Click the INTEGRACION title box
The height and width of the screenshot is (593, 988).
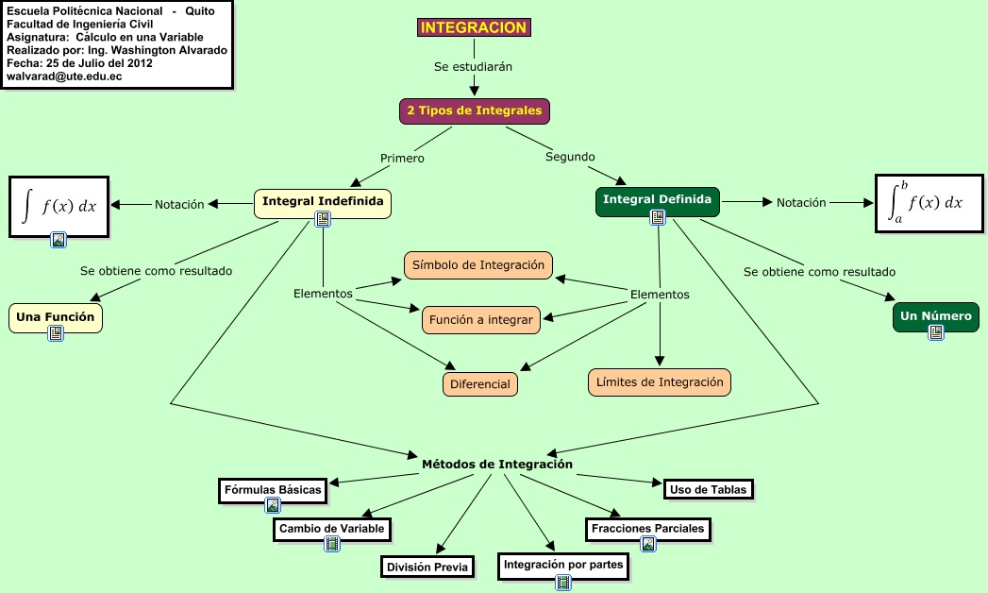pos(474,28)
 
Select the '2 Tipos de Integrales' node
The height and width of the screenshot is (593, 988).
pos(474,110)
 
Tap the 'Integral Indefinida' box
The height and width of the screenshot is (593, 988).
pos(323,201)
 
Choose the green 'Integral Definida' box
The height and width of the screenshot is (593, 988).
pos(658,199)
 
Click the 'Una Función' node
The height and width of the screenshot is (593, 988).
pos(56,316)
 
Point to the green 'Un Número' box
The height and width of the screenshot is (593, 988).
pos(935,316)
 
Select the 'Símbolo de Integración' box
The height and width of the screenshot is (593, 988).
pos(478,265)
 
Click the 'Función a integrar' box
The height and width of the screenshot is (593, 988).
pos(480,320)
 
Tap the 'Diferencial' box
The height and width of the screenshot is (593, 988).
pos(480,383)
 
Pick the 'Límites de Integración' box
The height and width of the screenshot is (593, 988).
pos(660,381)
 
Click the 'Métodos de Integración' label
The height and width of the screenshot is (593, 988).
pos(496,464)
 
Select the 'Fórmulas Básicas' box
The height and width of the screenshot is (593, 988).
pos(273,489)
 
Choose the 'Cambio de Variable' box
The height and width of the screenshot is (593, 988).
pos(331,529)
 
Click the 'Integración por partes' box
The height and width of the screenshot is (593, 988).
pos(563,566)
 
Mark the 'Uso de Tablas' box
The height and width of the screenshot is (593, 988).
pos(708,488)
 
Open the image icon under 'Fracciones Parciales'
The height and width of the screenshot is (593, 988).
pos(647,544)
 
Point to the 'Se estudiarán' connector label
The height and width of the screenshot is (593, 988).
pos(473,67)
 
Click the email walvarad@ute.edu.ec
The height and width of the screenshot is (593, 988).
pos(64,76)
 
